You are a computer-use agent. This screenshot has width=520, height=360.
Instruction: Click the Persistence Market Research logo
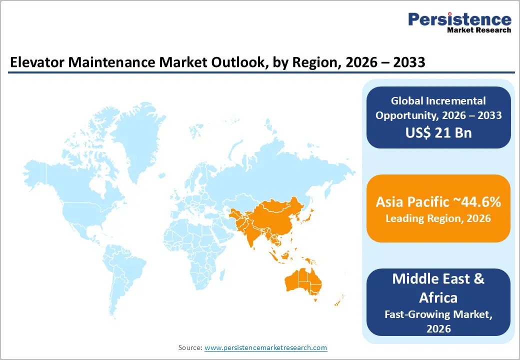459,22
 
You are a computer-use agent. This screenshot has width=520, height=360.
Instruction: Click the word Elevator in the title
33,63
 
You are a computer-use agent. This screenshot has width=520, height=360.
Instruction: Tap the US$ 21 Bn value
438,133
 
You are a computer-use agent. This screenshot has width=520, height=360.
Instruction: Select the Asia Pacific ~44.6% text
438,202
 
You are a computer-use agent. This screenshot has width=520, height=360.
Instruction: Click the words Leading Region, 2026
438,218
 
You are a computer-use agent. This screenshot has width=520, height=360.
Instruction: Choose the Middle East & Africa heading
438,287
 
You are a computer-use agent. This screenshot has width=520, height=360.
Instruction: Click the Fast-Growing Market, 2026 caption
438,321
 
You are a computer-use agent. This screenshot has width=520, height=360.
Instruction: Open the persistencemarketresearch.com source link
265,347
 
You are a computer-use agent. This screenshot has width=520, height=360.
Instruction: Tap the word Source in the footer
189,347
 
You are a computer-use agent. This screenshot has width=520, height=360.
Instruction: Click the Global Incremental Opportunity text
438,108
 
